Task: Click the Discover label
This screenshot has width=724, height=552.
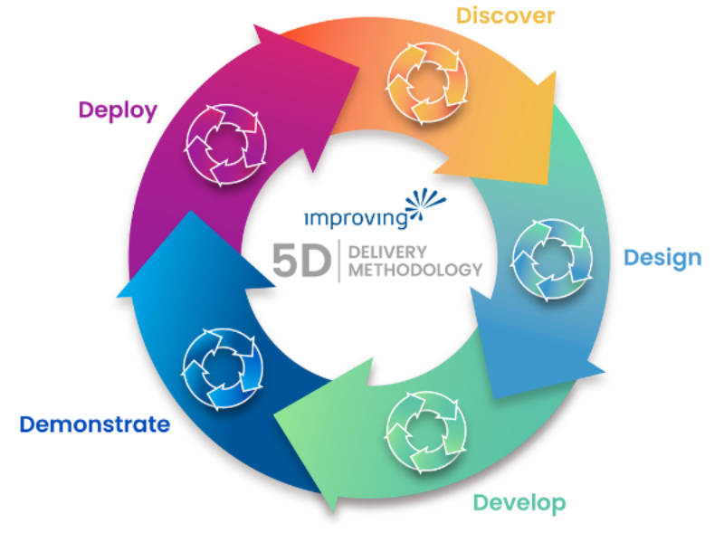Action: pos(505,15)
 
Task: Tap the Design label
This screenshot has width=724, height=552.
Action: pos(662,258)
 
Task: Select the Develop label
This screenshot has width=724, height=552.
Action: pos(519,503)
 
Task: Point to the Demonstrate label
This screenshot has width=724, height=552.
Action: pos(95,424)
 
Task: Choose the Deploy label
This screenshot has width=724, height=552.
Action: pos(118,110)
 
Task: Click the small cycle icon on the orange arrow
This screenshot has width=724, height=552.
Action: pos(424,84)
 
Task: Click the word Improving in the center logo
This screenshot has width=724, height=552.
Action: pos(354,217)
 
